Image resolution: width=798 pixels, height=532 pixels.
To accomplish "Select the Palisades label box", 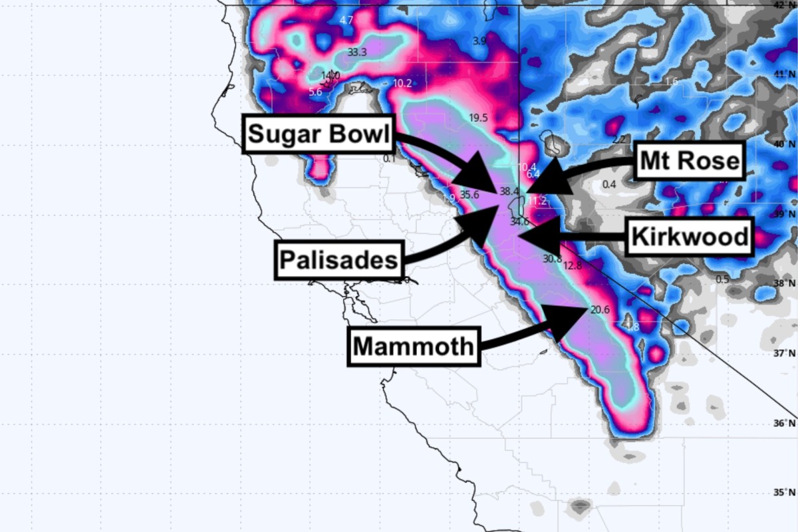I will pyautogui.click(x=339, y=259).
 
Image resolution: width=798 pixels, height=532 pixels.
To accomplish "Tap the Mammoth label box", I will pyautogui.click(x=414, y=346).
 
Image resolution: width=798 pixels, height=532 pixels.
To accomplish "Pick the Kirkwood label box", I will pyautogui.click(x=689, y=237).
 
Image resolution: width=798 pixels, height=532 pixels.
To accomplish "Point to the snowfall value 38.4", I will pyautogui.click(x=509, y=192).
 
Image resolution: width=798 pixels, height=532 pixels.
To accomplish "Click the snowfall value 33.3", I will pyautogui.click(x=357, y=51).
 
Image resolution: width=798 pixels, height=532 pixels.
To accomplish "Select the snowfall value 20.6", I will pyautogui.click(x=599, y=310).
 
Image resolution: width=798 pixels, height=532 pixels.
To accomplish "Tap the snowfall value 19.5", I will pyautogui.click(x=478, y=118).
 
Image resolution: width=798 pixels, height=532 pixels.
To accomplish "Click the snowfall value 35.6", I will pyautogui.click(x=469, y=195).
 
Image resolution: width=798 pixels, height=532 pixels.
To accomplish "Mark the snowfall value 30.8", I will pyautogui.click(x=552, y=258).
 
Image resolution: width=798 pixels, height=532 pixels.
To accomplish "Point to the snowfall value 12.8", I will pyautogui.click(x=572, y=265).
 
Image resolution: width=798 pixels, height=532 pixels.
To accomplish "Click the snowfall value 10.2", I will pyautogui.click(x=402, y=83).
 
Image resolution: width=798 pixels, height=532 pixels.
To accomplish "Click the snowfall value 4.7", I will pyautogui.click(x=346, y=20).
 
